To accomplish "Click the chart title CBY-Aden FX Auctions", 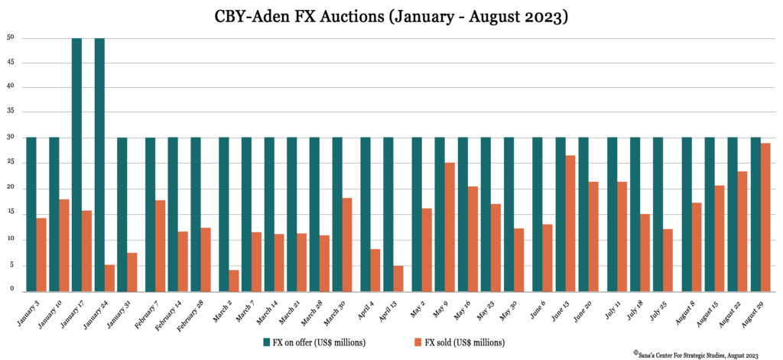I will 391,16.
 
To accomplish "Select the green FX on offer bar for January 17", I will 76,164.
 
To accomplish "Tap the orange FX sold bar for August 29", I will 765,217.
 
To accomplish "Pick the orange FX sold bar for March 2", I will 234,281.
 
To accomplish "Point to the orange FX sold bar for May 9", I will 450,226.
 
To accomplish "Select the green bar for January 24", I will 99,164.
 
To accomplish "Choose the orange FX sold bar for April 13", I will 398,278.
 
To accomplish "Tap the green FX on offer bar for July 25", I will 658,214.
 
